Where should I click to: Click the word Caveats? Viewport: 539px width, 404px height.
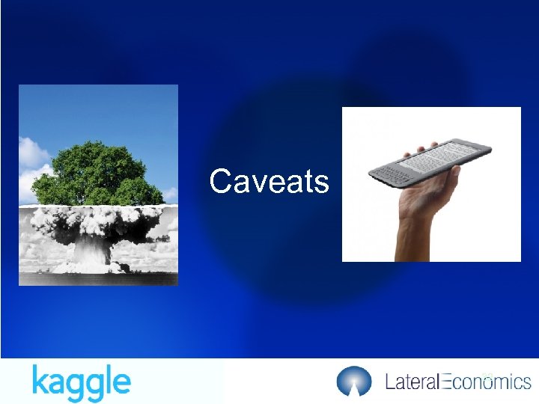pos(269,181)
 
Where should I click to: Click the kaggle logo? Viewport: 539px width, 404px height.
pos(81,382)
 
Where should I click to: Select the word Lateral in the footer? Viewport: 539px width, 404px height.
pos(411,382)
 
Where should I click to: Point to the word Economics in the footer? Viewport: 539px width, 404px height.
pos(487,382)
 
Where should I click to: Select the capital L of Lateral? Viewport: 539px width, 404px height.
pos(389,382)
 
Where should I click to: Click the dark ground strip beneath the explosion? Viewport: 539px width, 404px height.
pos(98,279)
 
